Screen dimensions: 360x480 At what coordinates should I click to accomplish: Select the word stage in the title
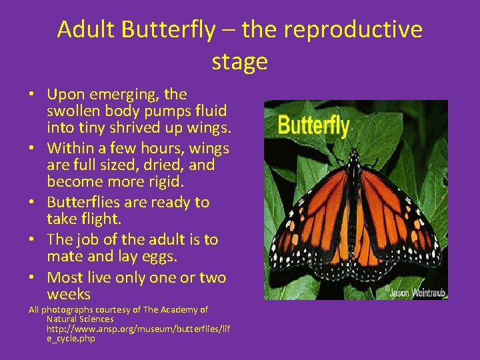tap(239, 61)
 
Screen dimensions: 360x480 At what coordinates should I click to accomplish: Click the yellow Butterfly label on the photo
tap(313, 125)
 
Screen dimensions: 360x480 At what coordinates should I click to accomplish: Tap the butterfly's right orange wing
tap(400, 213)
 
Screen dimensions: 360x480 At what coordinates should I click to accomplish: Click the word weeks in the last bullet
tap(69, 294)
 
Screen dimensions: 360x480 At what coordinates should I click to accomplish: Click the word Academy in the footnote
tap(173, 309)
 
